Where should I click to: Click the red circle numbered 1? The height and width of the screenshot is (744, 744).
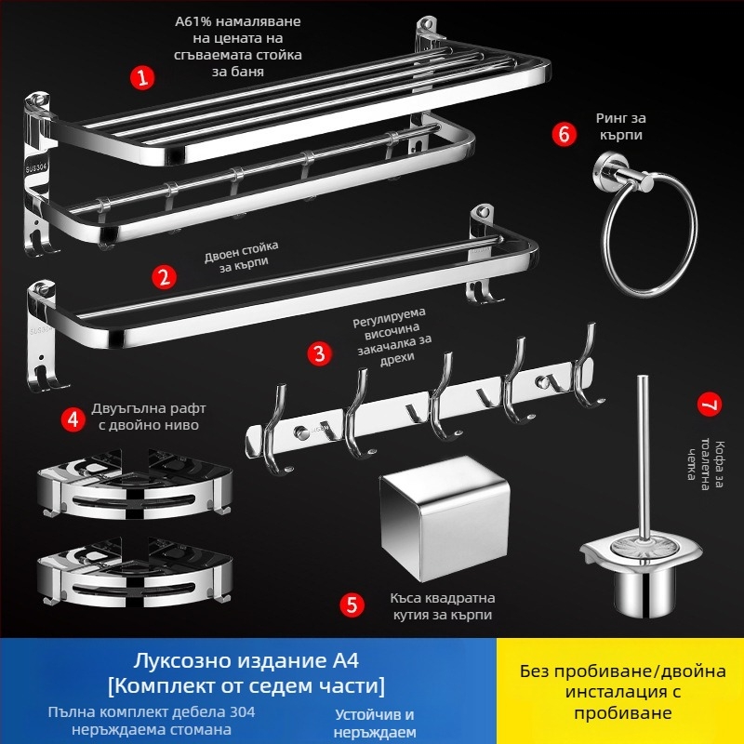[x=141, y=77]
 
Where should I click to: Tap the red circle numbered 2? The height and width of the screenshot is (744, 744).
[x=164, y=276]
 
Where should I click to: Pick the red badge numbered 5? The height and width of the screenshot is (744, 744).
[x=352, y=605]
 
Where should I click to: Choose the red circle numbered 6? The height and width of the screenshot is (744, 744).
[x=563, y=133]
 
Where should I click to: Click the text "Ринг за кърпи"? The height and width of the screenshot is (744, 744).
[x=619, y=127]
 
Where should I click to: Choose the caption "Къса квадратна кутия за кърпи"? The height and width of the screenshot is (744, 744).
[x=442, y=605]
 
